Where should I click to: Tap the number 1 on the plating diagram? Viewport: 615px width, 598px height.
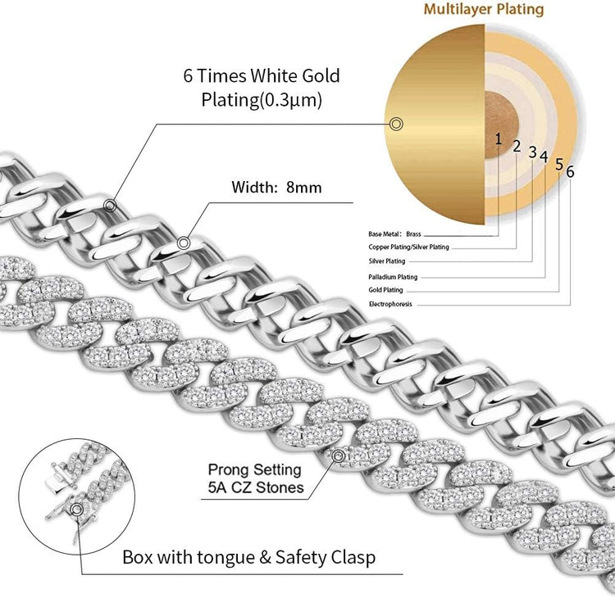coord(498,138)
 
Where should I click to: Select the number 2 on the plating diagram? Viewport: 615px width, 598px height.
coord(517,146)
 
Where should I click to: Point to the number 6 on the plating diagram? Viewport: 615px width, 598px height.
coord(570,172)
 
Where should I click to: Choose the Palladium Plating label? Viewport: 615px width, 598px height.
coord(393,277)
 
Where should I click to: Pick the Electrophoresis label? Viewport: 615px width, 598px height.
coord(390,304)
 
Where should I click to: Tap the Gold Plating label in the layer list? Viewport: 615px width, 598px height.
coord(385,290)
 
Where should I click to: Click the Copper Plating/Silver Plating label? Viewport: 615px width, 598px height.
coord(408,247)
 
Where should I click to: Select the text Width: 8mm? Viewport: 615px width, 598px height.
coord(276,188)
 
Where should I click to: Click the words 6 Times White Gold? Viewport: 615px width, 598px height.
coord(261,76)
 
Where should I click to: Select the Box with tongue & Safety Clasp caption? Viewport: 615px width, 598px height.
coord(248,558)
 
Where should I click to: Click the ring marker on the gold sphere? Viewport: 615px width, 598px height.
coord(397,124)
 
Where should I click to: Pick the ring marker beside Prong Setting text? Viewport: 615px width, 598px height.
coord(336,455)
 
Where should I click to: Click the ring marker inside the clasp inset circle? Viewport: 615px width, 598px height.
coord(77,510)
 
